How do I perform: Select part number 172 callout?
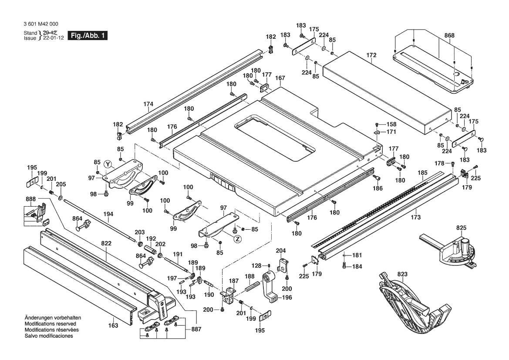click(x=371, y=56)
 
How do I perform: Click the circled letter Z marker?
click(x=237, y=239)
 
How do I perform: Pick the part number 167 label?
click(x=280, y=78)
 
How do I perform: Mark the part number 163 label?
click(x=113, y=325)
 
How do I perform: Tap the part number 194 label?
click(x=108, y=214)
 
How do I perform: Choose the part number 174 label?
click(x=148, y=104)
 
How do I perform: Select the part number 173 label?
click(x=416, y=217)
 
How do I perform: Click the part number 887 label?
click(x=196, y=330)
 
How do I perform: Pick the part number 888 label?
click(x=31, y=199)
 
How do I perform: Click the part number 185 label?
click(x=422, y=173)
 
